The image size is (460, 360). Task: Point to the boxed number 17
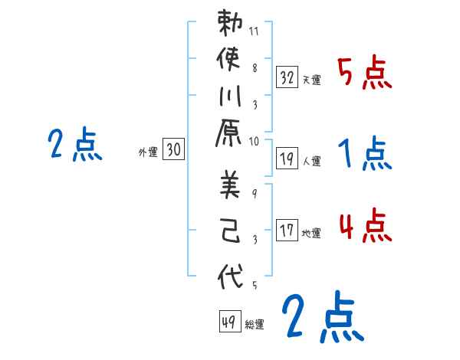(287, 230)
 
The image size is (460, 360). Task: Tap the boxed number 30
(173, 151)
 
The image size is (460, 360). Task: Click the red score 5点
(365, 74)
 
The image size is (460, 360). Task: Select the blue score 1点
(365, 155)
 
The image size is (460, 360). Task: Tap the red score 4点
(365, 227)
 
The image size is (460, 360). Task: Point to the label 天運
(311, 80)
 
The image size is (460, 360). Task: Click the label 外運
(147, 153)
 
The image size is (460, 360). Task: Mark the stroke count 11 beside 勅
(254, 33)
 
